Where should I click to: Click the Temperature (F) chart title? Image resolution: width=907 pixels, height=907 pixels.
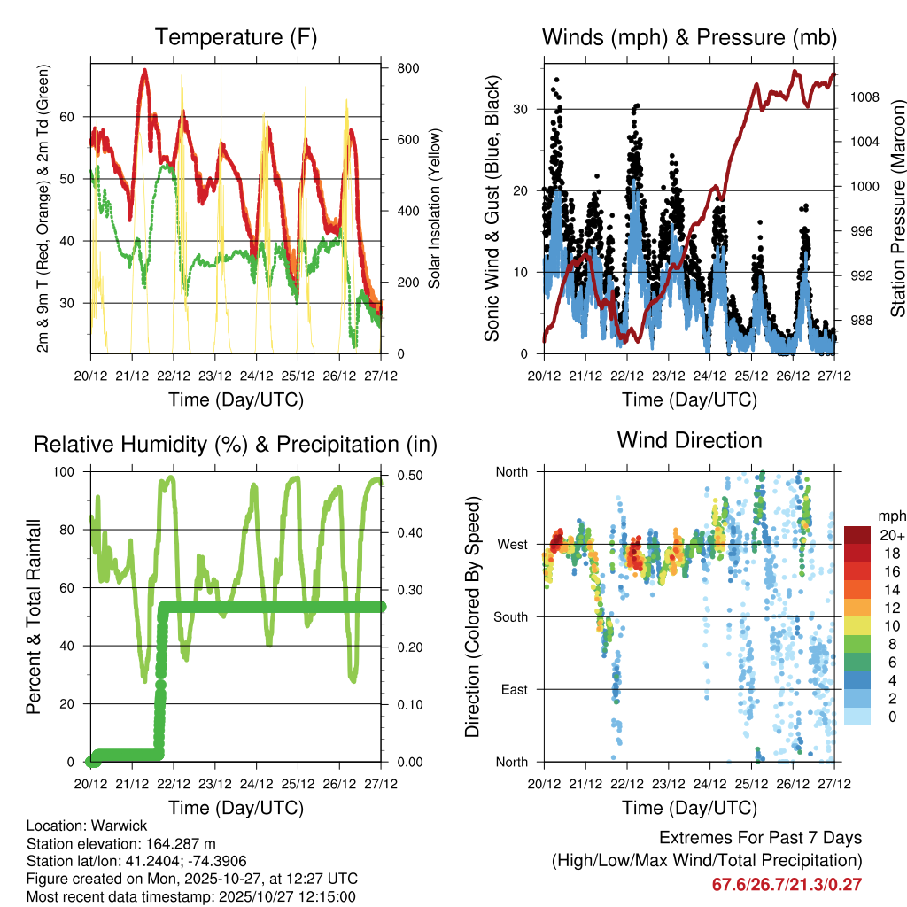pyautogui.click(x=236, y=37)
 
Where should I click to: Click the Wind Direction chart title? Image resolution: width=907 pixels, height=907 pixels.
pyautogui.click(x=689, y=439)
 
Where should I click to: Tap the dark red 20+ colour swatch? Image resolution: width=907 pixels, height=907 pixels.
pyautogui.click(x=857, y=535)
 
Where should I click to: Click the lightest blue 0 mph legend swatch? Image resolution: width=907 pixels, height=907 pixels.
pyautogui.click(x=857, y=717)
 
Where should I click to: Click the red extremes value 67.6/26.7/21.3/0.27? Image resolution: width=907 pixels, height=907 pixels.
pyautogui.click(x=787, y=884)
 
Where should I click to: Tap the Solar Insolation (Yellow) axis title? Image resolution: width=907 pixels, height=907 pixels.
pyautogui.click(x=435, y=208)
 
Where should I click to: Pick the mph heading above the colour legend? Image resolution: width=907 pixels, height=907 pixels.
pyautogui.click(x=889, y=516)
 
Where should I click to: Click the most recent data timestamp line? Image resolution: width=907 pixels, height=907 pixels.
pyautogui.click(x=191, y=896)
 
